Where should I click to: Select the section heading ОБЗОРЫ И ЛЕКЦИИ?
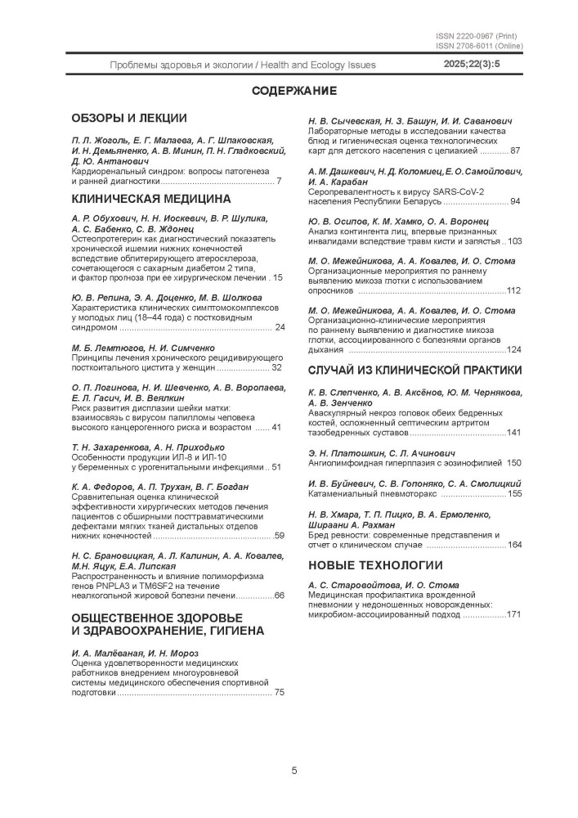point(129,118)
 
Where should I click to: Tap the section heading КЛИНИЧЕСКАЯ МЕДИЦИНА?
point(151,198)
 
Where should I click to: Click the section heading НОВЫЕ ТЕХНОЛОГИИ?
point(375,564)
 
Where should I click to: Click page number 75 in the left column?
point(279,692)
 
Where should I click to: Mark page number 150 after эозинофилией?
point(513,462)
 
